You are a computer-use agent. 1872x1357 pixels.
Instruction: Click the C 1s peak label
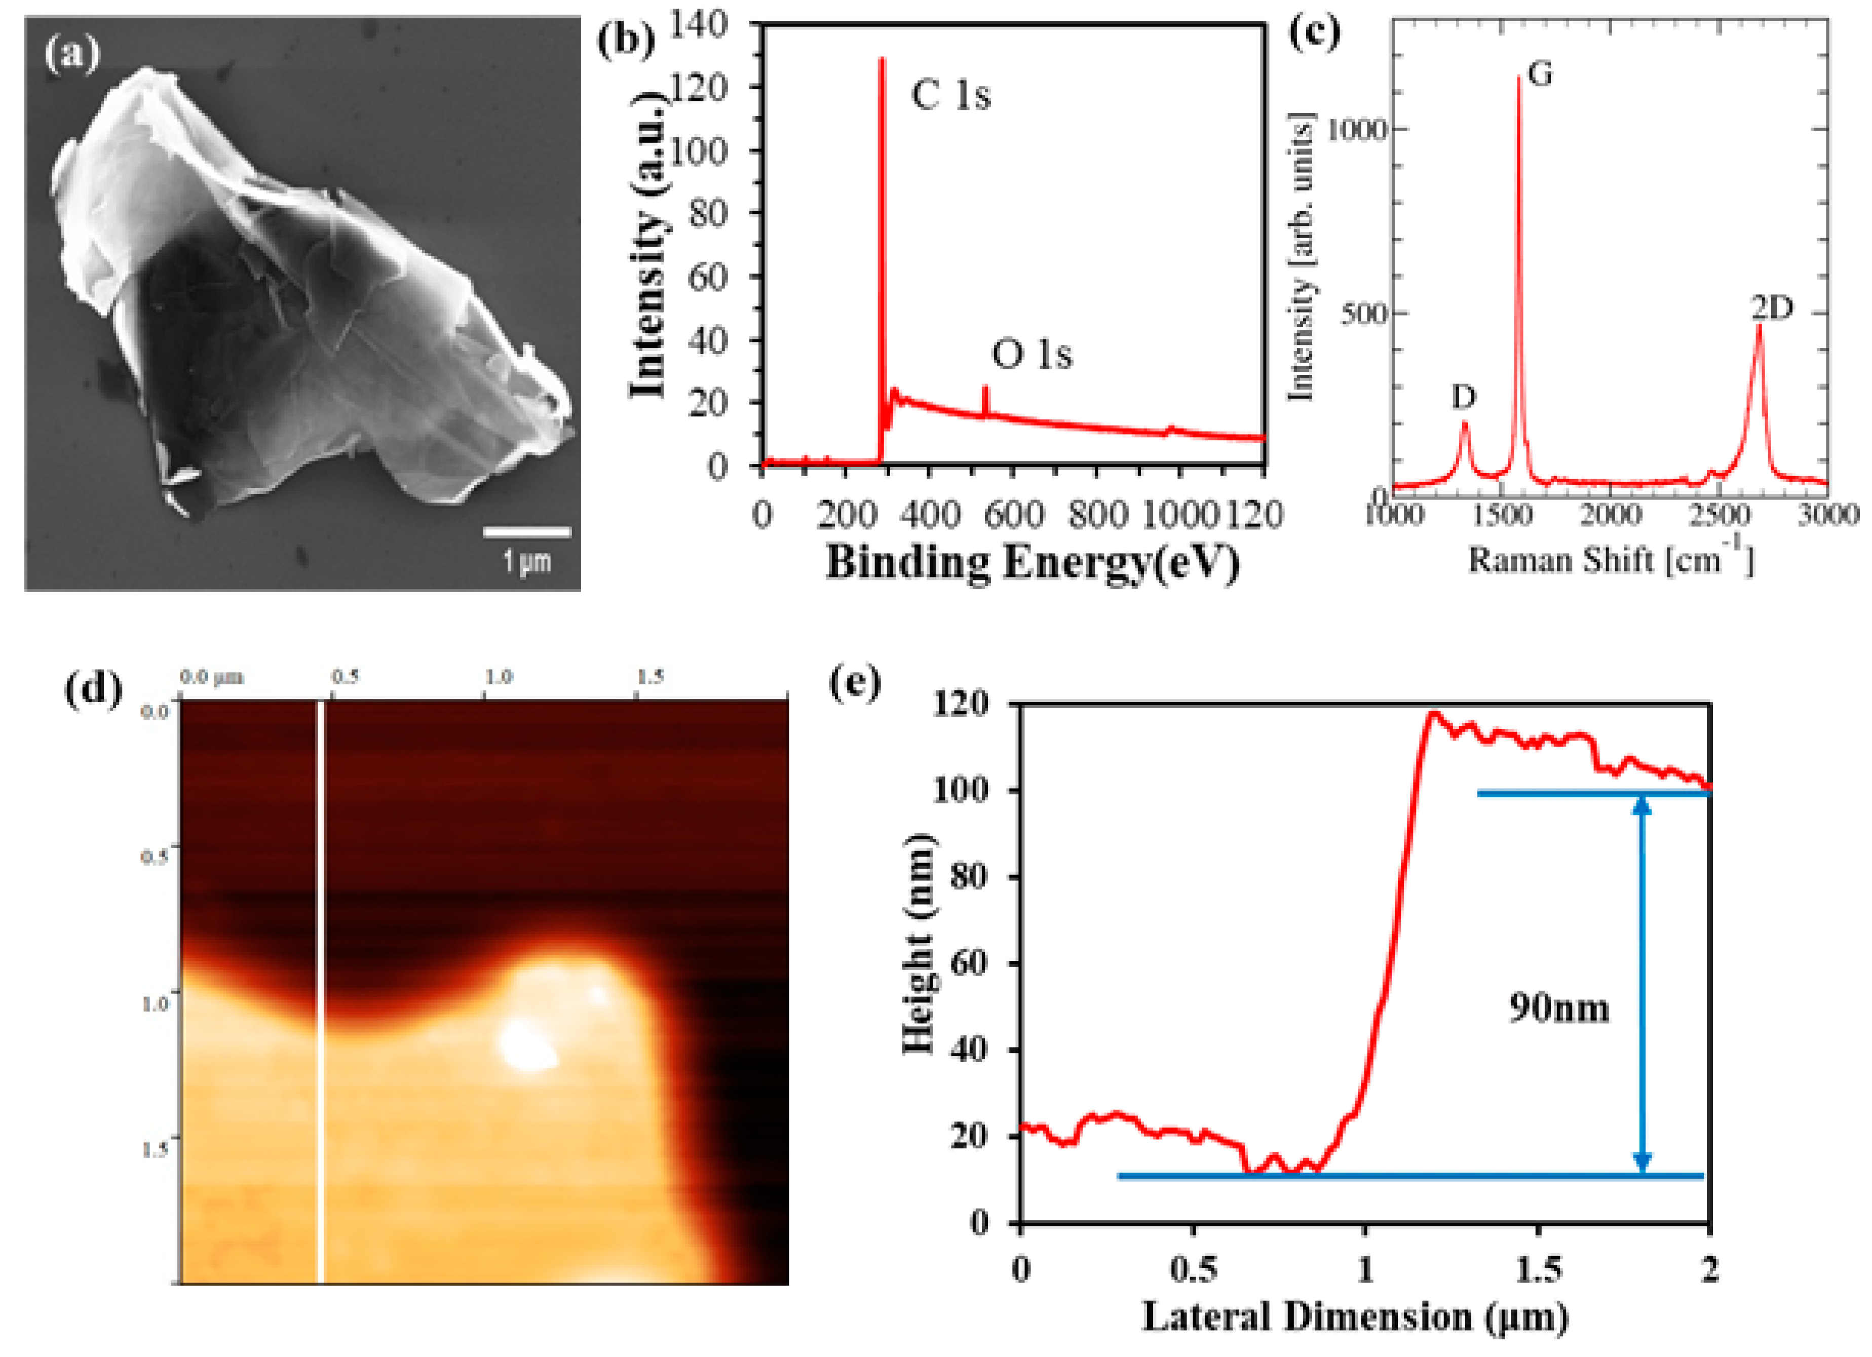(950, 96)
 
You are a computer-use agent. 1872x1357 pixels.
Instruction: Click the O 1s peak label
(1031, 355)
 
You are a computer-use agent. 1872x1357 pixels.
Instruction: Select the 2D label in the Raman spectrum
(1772, 308)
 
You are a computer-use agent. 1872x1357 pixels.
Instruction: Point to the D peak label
(1464, 398)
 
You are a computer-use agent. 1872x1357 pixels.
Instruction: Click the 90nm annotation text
(1559, 1009)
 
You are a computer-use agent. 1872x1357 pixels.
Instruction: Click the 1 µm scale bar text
(526, 563)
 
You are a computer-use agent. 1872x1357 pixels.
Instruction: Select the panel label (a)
(72, 55)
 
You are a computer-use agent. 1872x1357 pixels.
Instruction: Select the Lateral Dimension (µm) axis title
(1354, 1316)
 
